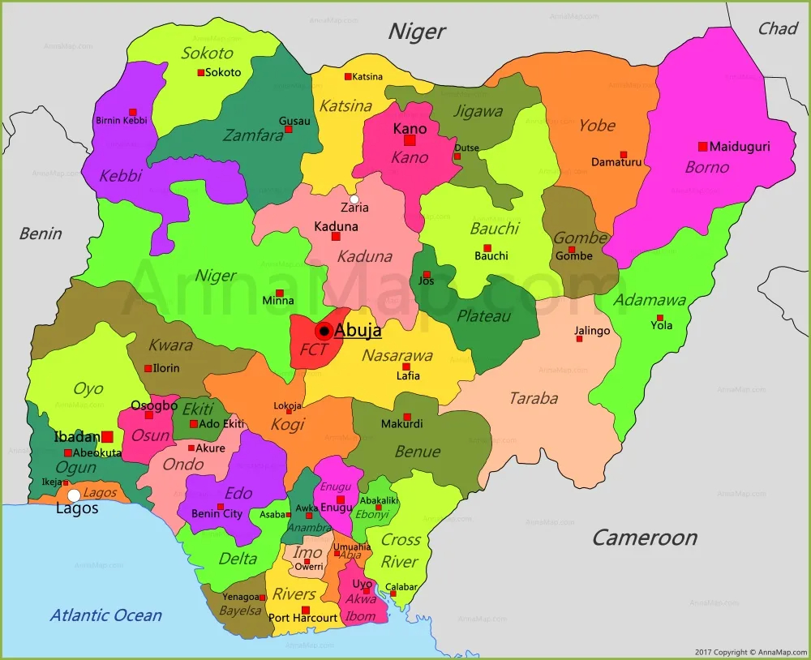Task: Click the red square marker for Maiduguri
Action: [702, 147]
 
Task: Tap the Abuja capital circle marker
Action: [324, 331]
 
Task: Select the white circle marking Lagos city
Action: [74, 495]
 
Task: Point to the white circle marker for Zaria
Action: [354, 199]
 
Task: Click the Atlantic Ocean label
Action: [105, 615]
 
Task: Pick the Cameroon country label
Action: [644, 538]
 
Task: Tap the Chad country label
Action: [778, 28]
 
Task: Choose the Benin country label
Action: [41, 234]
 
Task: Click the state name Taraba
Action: [533, 398]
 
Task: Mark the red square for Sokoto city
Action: [201, 73]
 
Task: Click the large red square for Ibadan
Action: [107, 436]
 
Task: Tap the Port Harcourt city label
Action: [303, 618]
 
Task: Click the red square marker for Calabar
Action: [393, 594]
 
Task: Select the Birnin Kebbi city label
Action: [122, 121]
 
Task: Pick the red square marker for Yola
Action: [660, 318]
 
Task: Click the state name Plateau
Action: [483, 315]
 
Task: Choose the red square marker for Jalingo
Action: [579, 339]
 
